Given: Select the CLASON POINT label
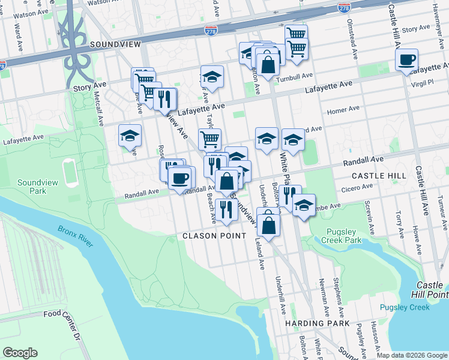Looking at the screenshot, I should tap(214, 236).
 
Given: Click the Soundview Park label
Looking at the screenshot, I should tap(32, 187).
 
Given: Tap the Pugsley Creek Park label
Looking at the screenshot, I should tap(344, 235).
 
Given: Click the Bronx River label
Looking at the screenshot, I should tap(75, 236).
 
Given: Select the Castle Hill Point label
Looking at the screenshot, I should tap(432, 289).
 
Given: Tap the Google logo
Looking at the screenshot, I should tap(20, 352).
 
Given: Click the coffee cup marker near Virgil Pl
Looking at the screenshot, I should tap(406, 60).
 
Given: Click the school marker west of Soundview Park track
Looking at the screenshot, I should tap(130, 137).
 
